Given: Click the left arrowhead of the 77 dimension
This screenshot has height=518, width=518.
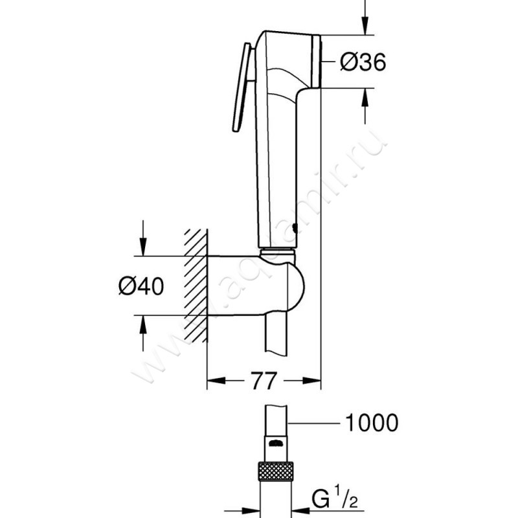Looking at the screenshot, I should (x=214, y=382).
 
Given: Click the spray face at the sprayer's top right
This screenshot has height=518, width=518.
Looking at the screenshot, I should (x=317, y=62).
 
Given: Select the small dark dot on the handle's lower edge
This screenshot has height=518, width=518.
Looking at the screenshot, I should (x=296, y=227).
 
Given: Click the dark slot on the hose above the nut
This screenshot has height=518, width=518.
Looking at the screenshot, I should (x=276, y=444).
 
